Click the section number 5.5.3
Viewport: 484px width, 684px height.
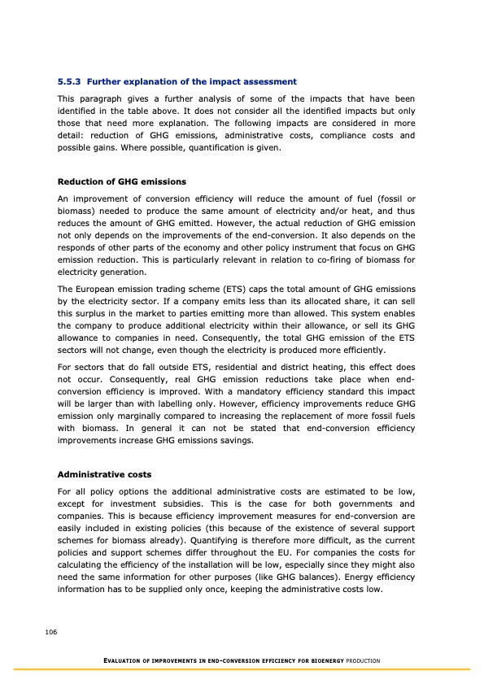tap(69, 82)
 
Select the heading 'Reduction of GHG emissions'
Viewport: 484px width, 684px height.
tap(122, 181)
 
